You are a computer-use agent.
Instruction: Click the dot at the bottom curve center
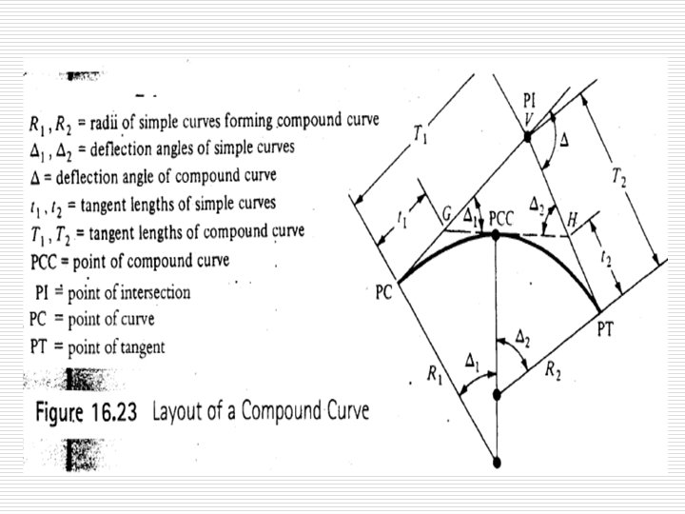click(x=496, y=464)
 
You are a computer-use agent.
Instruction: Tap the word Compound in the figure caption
click(x=292, y=414)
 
